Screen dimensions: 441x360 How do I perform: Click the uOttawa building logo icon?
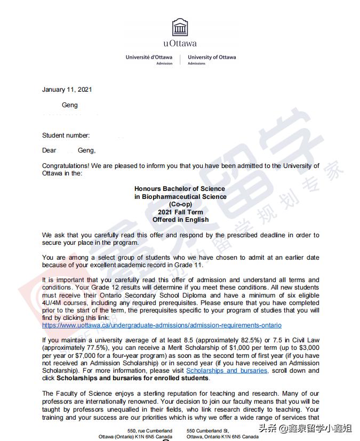(180, 27)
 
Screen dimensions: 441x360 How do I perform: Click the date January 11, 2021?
(67, 90)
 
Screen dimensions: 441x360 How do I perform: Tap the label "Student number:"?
(66, 135)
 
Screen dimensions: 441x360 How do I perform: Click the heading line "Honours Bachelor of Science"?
(180, 189)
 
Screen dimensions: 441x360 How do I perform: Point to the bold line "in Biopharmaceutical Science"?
(180, 197)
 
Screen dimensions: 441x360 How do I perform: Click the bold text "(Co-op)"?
(180, 204)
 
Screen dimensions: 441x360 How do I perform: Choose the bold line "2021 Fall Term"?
(180, 212)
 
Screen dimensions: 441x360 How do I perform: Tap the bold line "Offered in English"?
(180, 220)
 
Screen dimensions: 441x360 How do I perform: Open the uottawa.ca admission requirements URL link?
(162, 325)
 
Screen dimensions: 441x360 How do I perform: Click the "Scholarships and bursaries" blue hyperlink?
(227, 371)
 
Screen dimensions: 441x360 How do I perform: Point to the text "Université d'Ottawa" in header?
(149, 58)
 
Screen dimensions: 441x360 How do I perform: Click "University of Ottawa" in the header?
(212, 58)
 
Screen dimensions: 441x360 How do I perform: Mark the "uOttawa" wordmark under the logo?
(180, 44)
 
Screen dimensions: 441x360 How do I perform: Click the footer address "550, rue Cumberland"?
(150, 430)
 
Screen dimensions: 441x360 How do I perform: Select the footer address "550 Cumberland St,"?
(208, 430)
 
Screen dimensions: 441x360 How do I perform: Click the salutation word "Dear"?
(50, 151)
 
